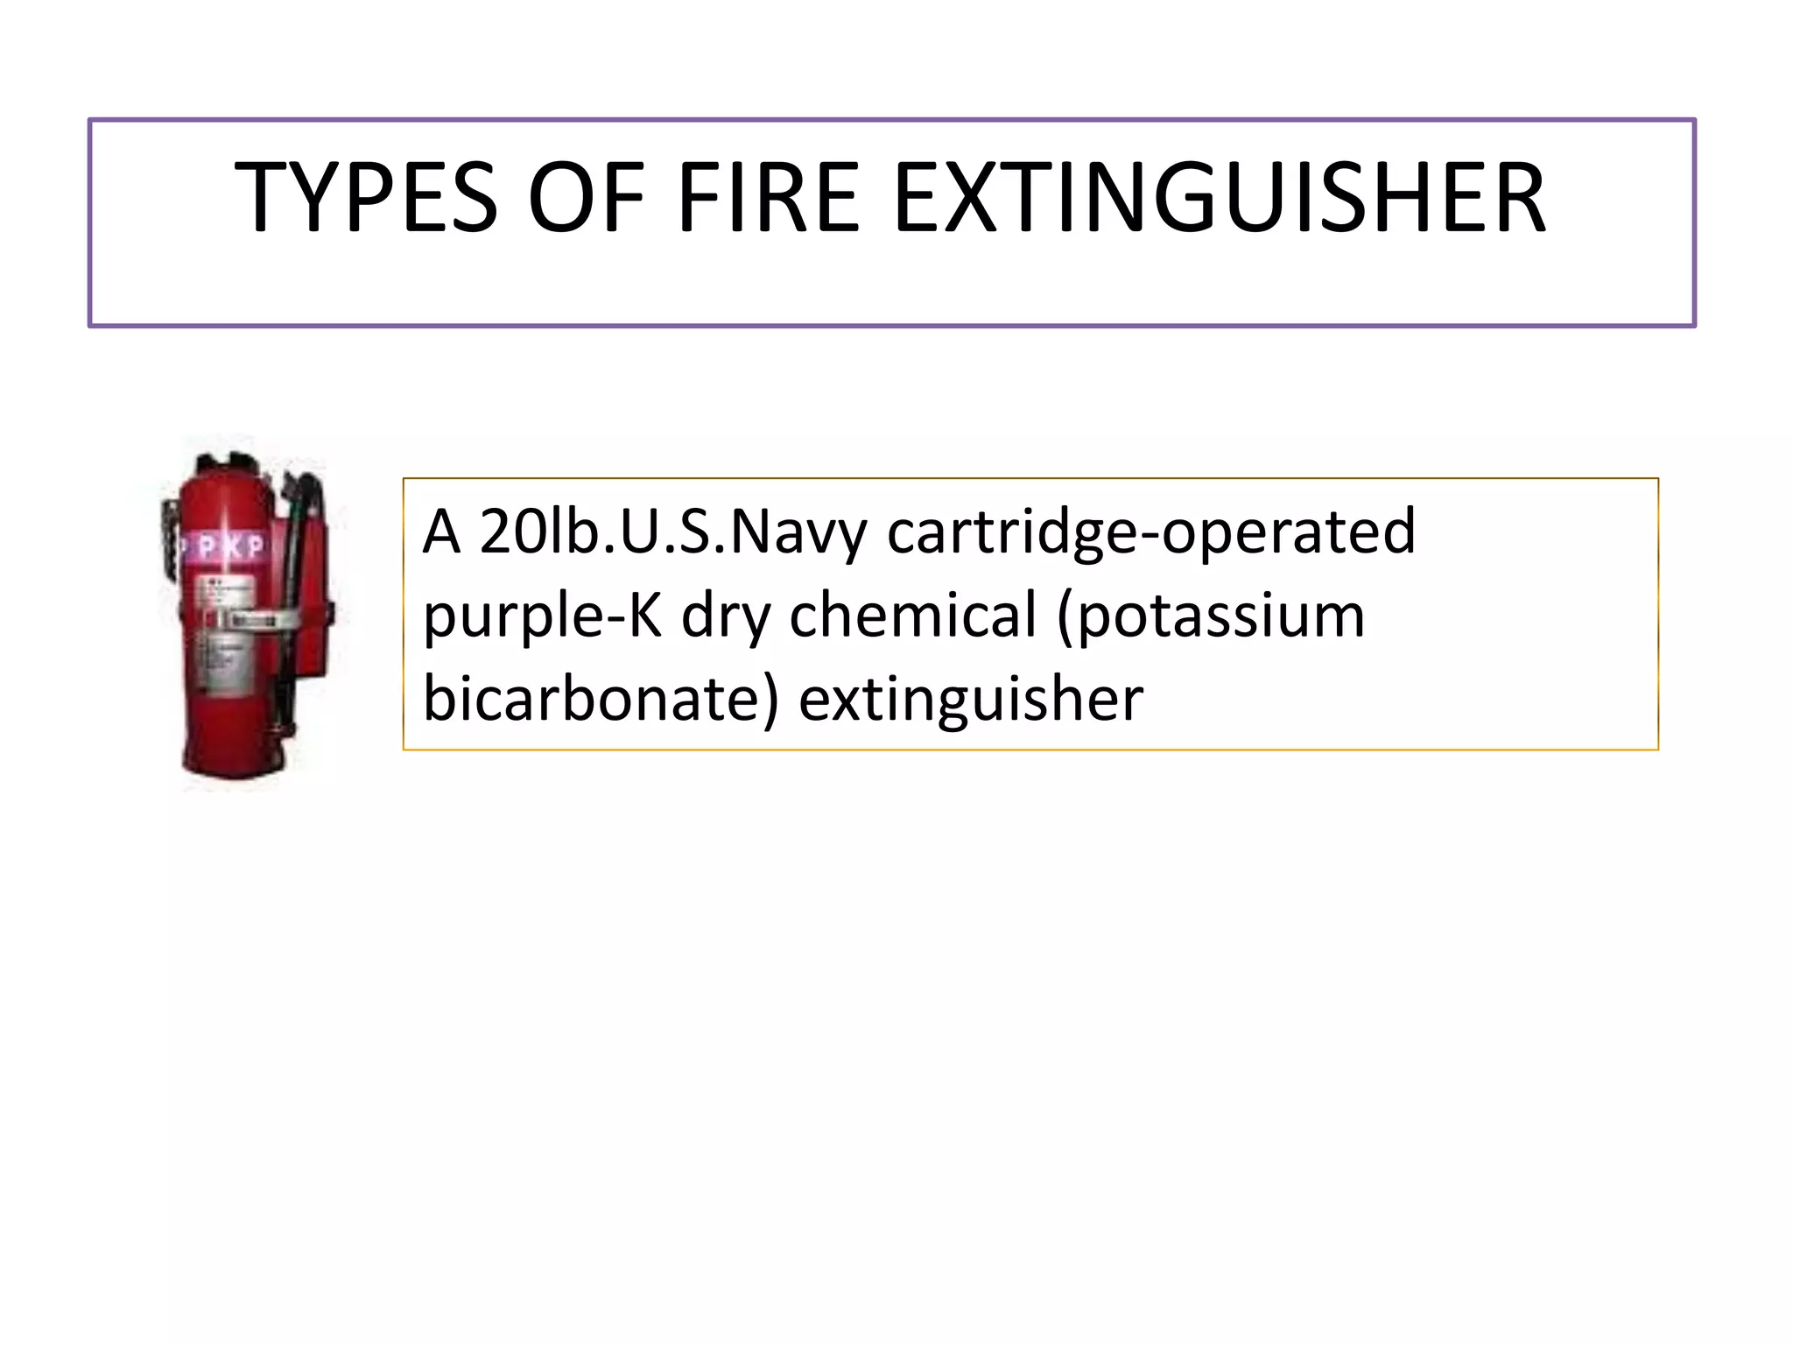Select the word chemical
[913, 615]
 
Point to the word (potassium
[1211, 616]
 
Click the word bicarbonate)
[601, 699]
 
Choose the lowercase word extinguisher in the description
[971, 699]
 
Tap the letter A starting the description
[441, 532]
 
